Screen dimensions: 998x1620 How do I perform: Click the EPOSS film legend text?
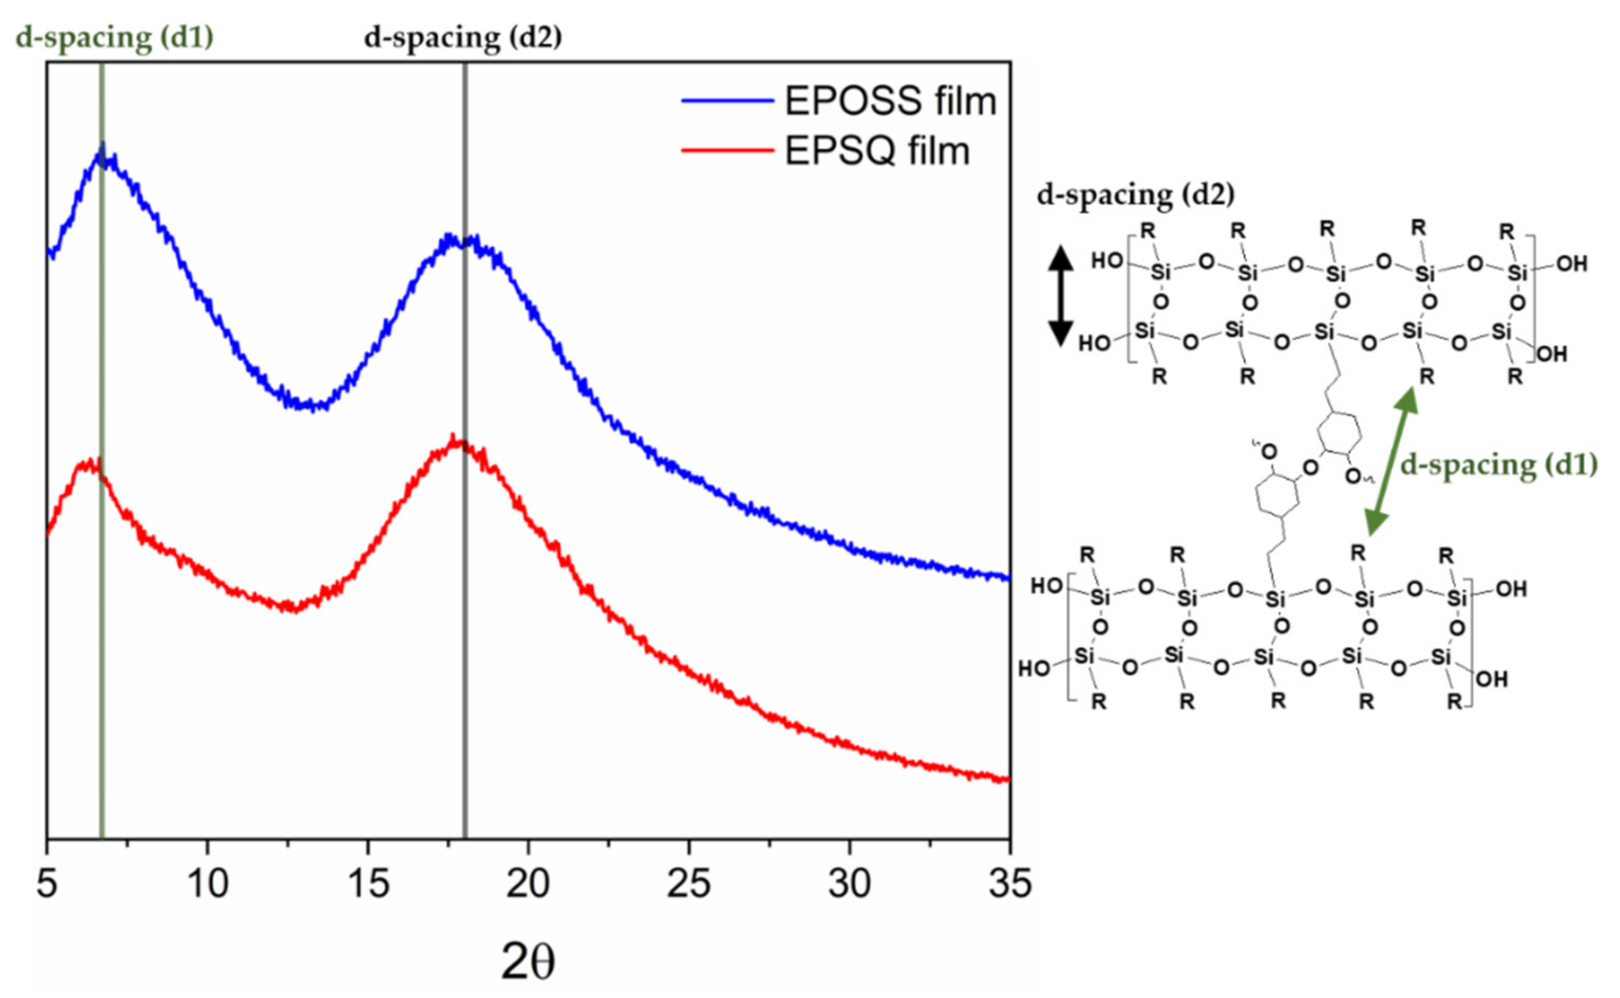click(x=889, y=101)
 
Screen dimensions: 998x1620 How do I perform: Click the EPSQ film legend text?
click(x=877, y=151)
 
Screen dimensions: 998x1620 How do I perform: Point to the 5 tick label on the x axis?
click(x=47, y=883)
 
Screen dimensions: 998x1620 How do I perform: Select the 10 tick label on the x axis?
click(x=207, y=883)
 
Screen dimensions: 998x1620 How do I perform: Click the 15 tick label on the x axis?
click(x=368, y=883)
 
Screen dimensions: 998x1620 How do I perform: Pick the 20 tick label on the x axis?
click(x=528, y=883)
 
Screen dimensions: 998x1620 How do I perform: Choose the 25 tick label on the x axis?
click(x=689, y=883)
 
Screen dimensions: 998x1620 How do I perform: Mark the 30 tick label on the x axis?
click(x=849, y=883)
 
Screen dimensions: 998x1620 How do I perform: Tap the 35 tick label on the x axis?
click(x=1009, y=883)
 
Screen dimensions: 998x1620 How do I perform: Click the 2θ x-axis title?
click(x=527, y=961)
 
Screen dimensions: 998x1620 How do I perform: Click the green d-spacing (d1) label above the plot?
click(x=115, y=38)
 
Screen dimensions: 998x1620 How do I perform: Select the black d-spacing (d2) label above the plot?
click(x=462, y=38)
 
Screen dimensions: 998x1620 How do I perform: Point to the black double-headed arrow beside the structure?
click(x=1061, y=296)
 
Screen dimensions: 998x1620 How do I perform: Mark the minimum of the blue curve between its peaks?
click(x=310, y=405)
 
